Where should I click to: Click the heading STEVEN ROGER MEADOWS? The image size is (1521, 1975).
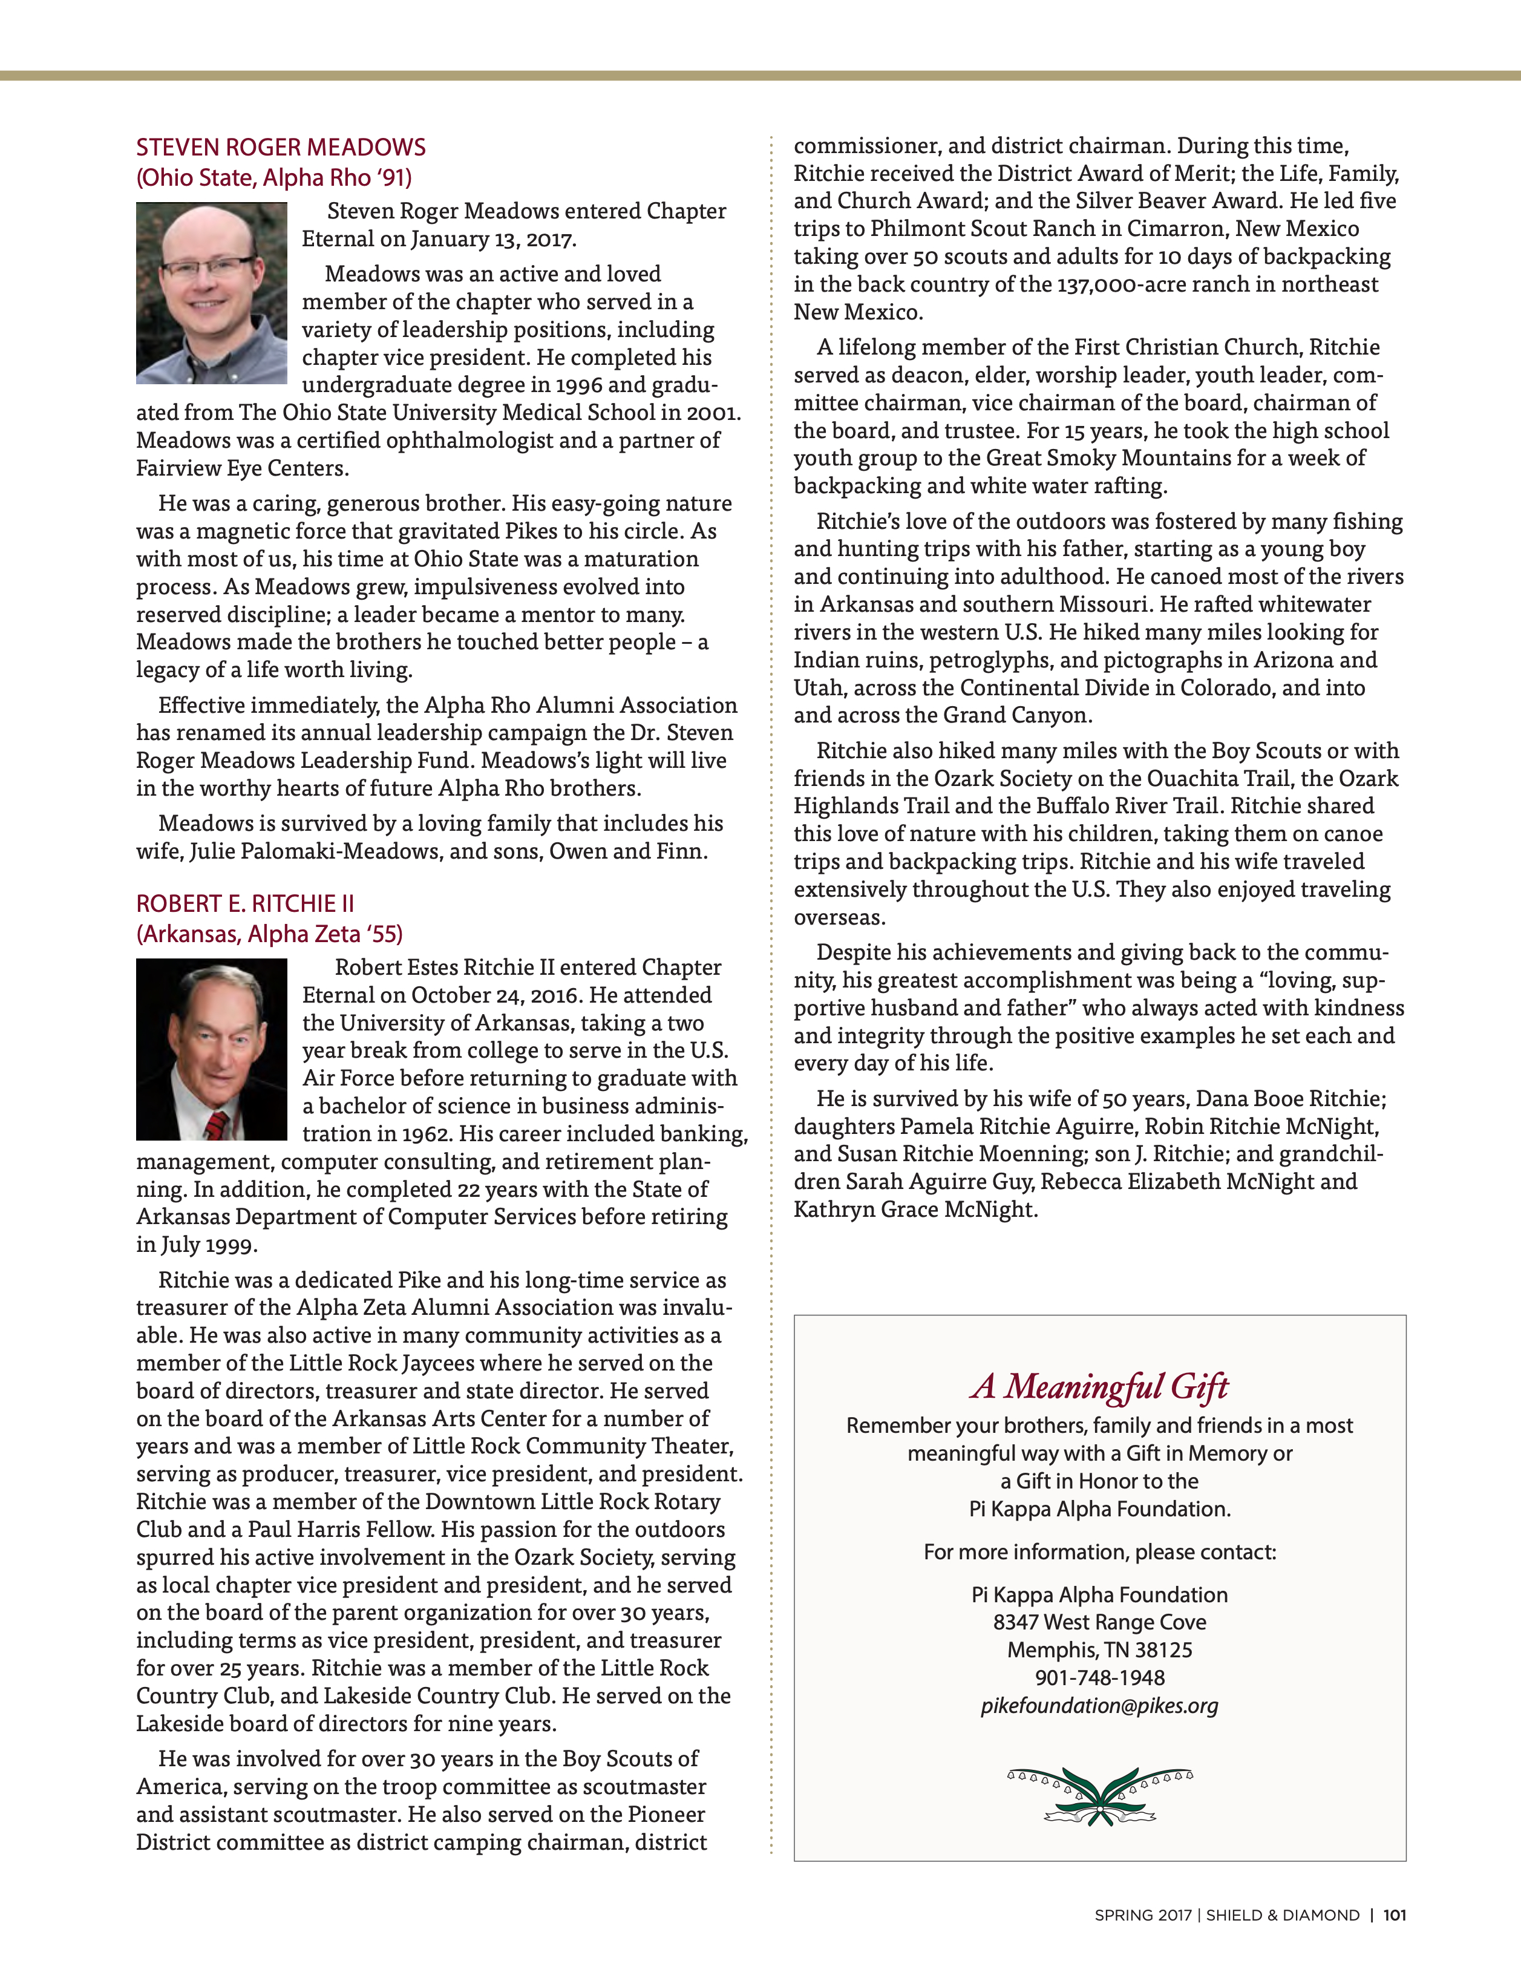pos(280,148)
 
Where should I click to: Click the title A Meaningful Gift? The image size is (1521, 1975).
pos(1099,1386)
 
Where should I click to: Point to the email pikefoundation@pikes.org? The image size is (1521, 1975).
pos(1099,1706)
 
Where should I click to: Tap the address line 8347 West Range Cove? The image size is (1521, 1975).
pos(1099,1622)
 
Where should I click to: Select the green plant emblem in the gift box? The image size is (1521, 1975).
pos(1099,1797)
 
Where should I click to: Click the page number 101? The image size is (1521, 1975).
pos(1395,1915)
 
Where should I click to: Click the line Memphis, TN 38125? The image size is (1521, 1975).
pos(1099,1650)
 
